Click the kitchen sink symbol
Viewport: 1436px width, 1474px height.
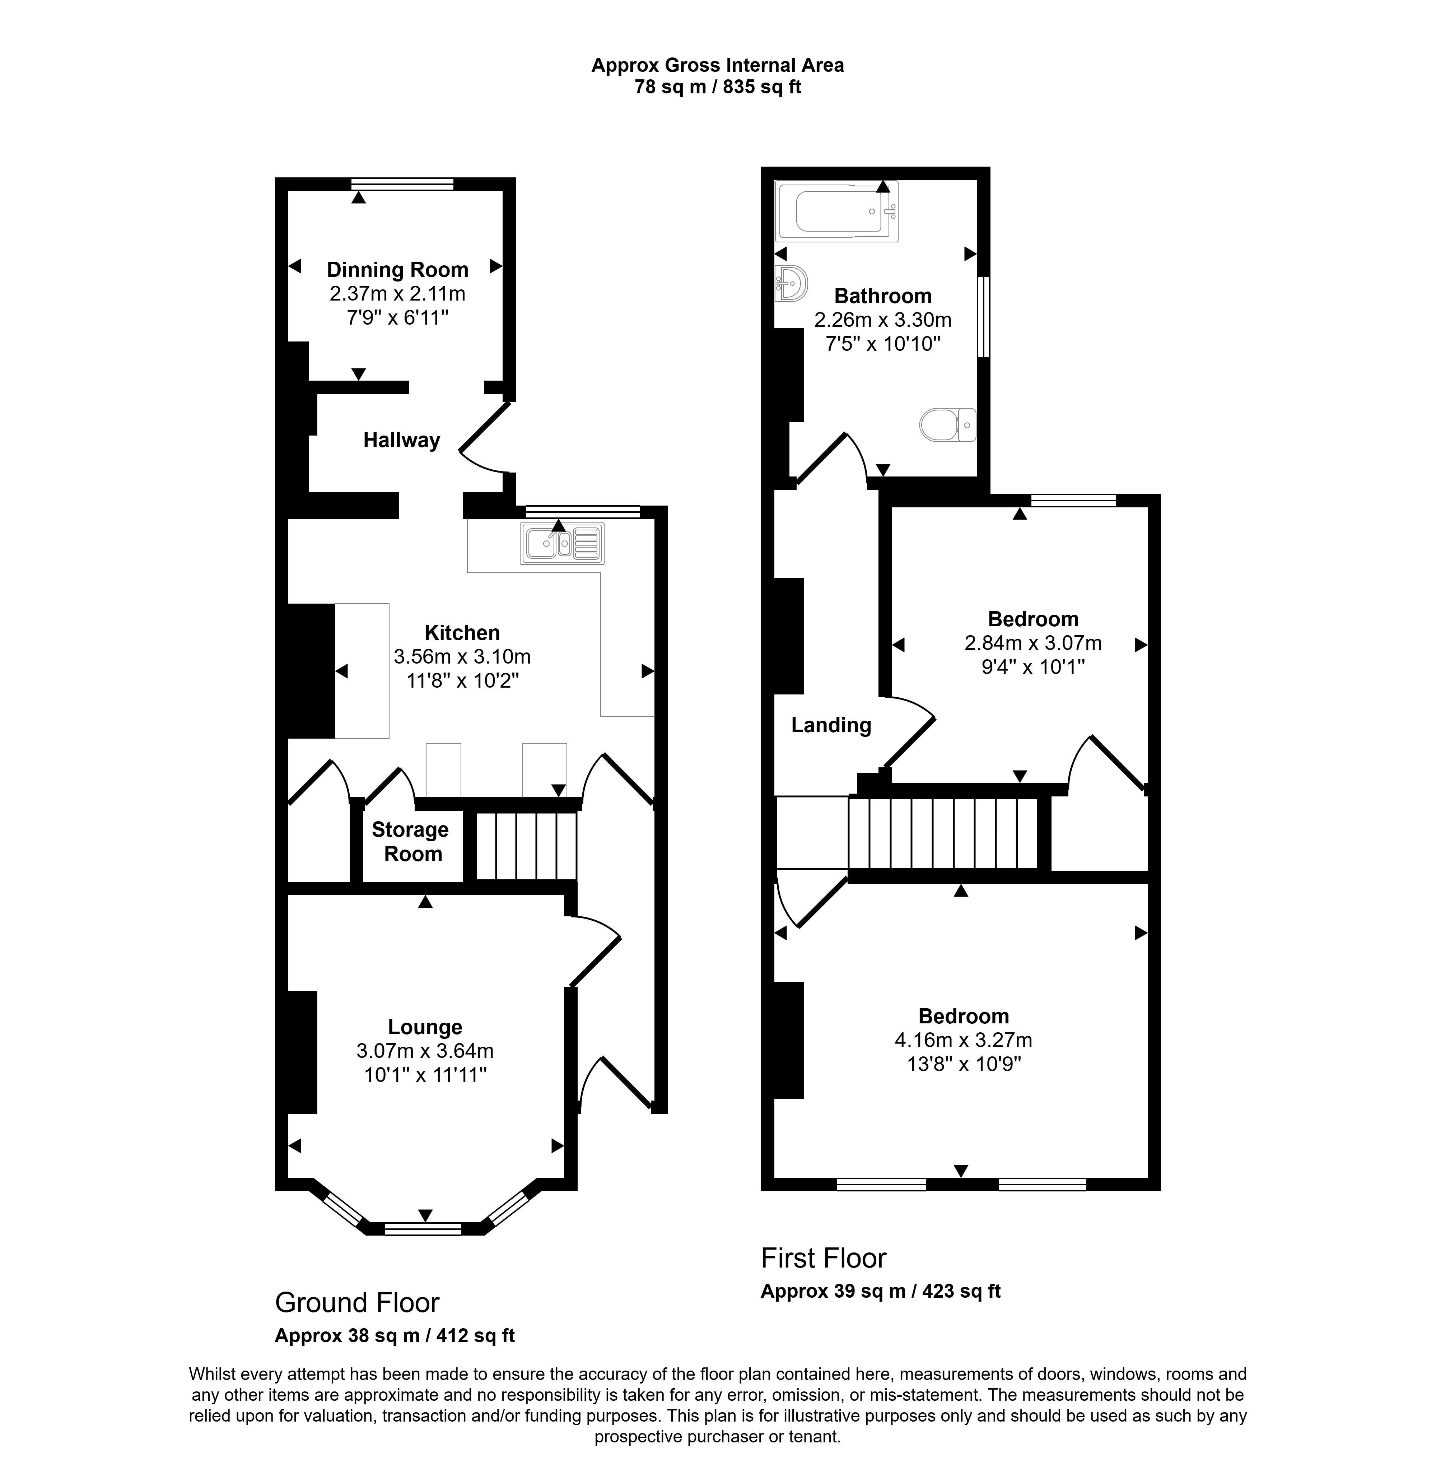(562, 543)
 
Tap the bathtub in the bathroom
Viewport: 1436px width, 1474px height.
(837, 212)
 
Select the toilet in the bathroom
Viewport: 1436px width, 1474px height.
(947, 425)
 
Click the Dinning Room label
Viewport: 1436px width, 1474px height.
(397, 269)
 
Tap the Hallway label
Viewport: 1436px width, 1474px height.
(401, 440)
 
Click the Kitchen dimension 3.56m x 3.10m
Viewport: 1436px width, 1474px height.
(462, 656)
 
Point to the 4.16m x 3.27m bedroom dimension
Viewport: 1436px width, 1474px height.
(963, 1040)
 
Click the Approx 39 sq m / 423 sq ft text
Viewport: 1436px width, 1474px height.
(880, 1291)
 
